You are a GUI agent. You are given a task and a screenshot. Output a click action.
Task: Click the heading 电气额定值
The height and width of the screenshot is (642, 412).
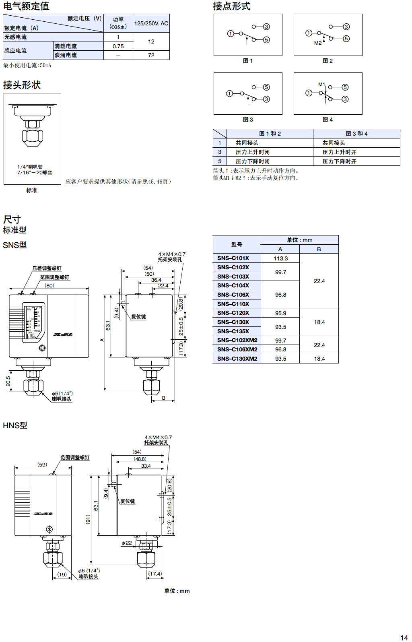pos(26,6)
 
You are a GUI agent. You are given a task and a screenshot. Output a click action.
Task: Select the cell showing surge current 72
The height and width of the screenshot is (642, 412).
pos(151,55)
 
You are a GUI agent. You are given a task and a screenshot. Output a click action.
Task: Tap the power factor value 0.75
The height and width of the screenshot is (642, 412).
pos(118,46)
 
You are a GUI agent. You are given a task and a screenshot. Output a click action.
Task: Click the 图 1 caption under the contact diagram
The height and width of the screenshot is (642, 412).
pos(248,61)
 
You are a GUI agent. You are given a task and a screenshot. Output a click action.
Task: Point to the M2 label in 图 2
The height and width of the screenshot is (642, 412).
pos(318,43)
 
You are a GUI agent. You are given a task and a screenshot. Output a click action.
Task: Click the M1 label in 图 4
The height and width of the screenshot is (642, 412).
pos(321,85)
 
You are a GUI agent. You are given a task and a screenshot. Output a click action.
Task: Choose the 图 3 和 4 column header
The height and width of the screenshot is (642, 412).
pos(356,134)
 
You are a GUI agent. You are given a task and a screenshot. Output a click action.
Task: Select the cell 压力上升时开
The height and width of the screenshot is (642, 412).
pos(339,152)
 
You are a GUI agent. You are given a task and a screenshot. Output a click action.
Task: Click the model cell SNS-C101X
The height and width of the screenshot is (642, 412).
pos(233,258)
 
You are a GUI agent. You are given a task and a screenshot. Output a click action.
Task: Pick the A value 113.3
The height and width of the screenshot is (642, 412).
pos(280,258)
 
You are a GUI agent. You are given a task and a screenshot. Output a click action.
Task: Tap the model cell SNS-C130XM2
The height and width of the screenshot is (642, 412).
pos(237,359)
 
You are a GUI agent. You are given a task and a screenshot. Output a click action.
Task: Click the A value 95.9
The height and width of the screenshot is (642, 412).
pos(280,313)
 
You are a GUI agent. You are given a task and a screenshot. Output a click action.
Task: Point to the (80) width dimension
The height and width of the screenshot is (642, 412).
pos(49,285)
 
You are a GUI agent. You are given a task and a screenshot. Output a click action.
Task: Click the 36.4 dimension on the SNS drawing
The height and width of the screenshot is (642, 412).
pos(156,280)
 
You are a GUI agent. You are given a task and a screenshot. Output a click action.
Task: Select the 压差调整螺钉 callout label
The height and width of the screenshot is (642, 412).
pos(47,268)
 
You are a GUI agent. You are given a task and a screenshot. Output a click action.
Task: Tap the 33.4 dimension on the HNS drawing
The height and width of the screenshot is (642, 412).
pos(146,466)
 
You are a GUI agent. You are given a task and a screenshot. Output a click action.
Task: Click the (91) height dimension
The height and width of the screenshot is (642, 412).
pos(88,519)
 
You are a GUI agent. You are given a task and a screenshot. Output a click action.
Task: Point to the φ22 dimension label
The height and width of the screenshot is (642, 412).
pos(127,543)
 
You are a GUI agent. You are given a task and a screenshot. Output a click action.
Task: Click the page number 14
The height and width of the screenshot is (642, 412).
pos(404,638)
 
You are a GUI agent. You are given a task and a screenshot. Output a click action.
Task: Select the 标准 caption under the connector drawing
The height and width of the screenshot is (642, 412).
pos(32,190)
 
